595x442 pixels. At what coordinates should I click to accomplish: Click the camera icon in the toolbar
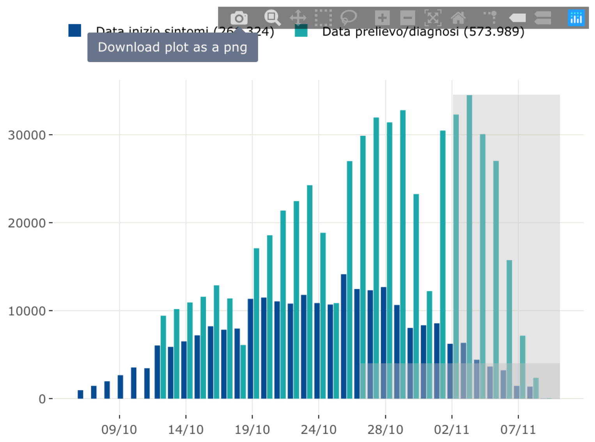point(239,18)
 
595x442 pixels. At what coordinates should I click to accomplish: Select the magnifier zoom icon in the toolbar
point(272,18)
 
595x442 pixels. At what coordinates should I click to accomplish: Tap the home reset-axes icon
point(458,18)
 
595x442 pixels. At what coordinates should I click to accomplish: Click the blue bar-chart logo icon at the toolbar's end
point(576,18)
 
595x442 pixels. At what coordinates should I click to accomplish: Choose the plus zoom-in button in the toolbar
point(382,18)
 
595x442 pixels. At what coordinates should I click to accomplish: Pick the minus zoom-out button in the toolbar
point(407,18)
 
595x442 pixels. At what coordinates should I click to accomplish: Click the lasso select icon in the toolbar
point(348,18)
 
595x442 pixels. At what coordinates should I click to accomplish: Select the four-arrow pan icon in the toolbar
point(298,18)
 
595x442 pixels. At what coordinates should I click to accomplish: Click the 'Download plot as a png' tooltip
point(172,47)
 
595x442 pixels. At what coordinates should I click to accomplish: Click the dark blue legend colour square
point(74,30)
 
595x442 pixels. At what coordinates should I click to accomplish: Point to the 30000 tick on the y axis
point(27,135)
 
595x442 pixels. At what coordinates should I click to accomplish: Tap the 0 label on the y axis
point(42,399)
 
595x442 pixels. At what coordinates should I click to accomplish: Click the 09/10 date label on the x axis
point(119,430)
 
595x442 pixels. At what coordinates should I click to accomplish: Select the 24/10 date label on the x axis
point(319,430)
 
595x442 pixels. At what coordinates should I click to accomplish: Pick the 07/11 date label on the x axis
point(518,430)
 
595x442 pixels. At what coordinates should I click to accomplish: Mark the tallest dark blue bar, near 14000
point(344,335)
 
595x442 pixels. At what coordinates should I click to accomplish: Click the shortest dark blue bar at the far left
point(80,394)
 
